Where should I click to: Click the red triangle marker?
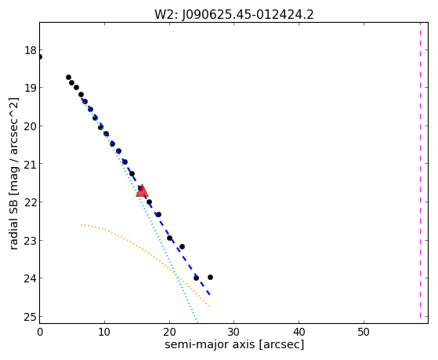[x=142, y=191]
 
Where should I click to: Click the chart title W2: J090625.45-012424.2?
[x=234, y=15]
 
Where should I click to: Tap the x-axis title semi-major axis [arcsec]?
[x=234, y=344]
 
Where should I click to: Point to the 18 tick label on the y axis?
[x=31, y=51]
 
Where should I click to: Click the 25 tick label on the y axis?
[x=31, y=317]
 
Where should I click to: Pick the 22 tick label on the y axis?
[x=31, y=202]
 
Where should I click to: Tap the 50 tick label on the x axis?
[x=364, y=332]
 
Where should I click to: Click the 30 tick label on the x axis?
[x=233, y=332]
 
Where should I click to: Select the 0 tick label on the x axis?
[x=40, y=332]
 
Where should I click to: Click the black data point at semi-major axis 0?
[x=40, y=56]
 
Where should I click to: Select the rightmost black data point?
[x=210, y=277]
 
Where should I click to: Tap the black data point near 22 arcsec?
[x=182, y=247]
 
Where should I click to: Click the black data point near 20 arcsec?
[x=169, y=238]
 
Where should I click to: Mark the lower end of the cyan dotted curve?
[x=197, y=321]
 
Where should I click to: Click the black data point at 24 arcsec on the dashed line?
[x=196, y=278]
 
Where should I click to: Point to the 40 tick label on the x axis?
[x=299, y=332]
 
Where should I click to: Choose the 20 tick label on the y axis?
[x=31, y=126]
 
